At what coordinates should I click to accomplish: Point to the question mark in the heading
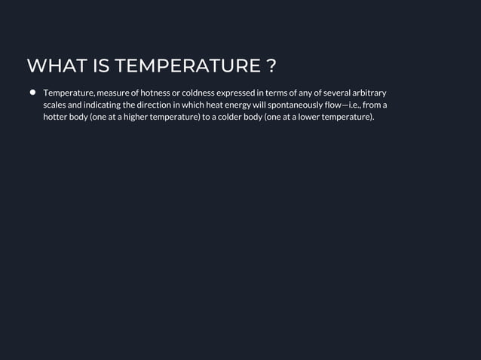pyautogui.click(x=271, y=66)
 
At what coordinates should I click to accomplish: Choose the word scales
pyautogui.click(x=55, y=105)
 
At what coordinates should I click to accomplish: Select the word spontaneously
pyautogui.click(x=299, y=105)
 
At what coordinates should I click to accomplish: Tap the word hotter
pyautogui.click(x=56, y=118)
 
